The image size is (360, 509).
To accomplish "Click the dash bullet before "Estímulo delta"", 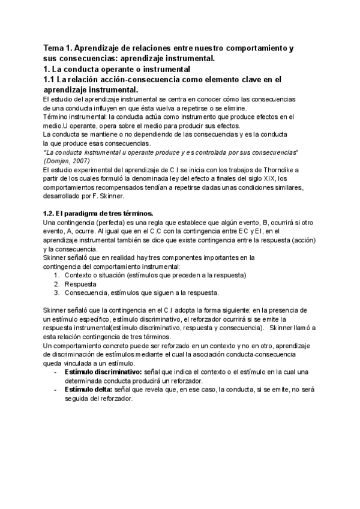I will pos(56,390).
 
